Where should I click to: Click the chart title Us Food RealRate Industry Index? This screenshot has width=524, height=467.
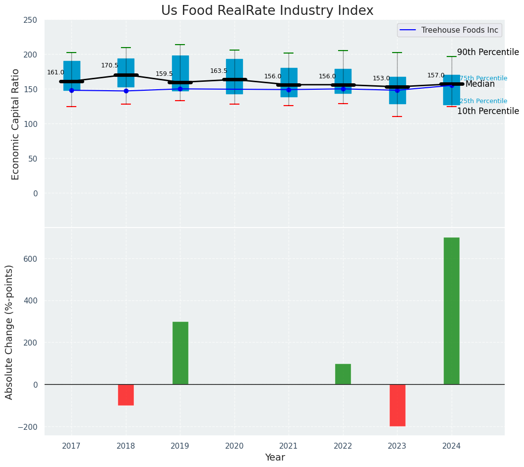point(267,11)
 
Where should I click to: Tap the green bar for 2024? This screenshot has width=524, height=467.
point(451,311)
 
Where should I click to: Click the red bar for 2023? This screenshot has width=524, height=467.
point(397,405)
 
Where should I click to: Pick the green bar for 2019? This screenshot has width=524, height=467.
point(180,353)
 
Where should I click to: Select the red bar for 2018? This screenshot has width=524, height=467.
point(126,395)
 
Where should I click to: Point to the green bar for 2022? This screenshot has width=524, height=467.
point(343,374)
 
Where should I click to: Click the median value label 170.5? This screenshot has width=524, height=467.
point(110,65)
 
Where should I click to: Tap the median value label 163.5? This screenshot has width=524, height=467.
point(219,71)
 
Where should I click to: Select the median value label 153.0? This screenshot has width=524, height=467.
point(381,78)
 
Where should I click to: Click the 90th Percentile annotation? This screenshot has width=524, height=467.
point(488,53)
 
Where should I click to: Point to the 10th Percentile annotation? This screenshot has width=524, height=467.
point(488,111)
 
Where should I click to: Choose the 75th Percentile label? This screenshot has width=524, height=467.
point(483,78)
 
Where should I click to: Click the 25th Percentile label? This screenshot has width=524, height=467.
point(483,101)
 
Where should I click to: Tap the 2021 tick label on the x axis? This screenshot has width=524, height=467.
point(289,446)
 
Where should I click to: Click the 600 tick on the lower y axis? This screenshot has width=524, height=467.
point(30,259)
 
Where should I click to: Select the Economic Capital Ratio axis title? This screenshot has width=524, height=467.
point(15,124)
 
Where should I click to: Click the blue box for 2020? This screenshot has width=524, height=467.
point(234,76)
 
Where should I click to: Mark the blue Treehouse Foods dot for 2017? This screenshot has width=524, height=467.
point(71,90)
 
